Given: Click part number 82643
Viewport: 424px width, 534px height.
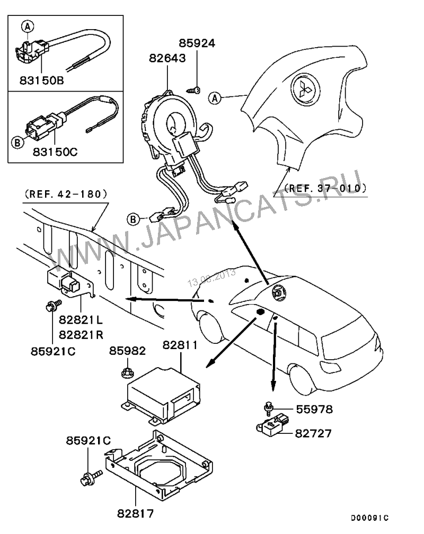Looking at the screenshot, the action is [167, 58].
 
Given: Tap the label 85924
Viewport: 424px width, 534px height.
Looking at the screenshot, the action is [197, 43].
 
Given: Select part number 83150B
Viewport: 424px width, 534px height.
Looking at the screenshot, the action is [41, 81].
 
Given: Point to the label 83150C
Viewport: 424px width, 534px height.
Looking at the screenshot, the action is [55, 152].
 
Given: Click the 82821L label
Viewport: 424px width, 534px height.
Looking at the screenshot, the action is [81, 320].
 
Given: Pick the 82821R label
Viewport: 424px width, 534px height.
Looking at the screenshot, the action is [81, 335].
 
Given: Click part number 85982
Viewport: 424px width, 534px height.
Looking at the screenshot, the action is [128, 351].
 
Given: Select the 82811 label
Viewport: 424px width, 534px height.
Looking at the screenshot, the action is [180, 345].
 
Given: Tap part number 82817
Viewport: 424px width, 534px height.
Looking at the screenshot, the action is [135, 513].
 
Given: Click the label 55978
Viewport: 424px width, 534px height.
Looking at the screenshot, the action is [314, 409].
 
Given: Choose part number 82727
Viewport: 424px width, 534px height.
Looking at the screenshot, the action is [313, 433].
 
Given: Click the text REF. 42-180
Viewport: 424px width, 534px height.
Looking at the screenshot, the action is [66, 194].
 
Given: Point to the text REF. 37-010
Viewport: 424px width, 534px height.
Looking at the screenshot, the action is [325, 188].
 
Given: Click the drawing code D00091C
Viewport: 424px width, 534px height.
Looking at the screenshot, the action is [370, 518].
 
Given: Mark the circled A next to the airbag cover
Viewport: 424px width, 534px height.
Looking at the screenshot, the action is [215, 99].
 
